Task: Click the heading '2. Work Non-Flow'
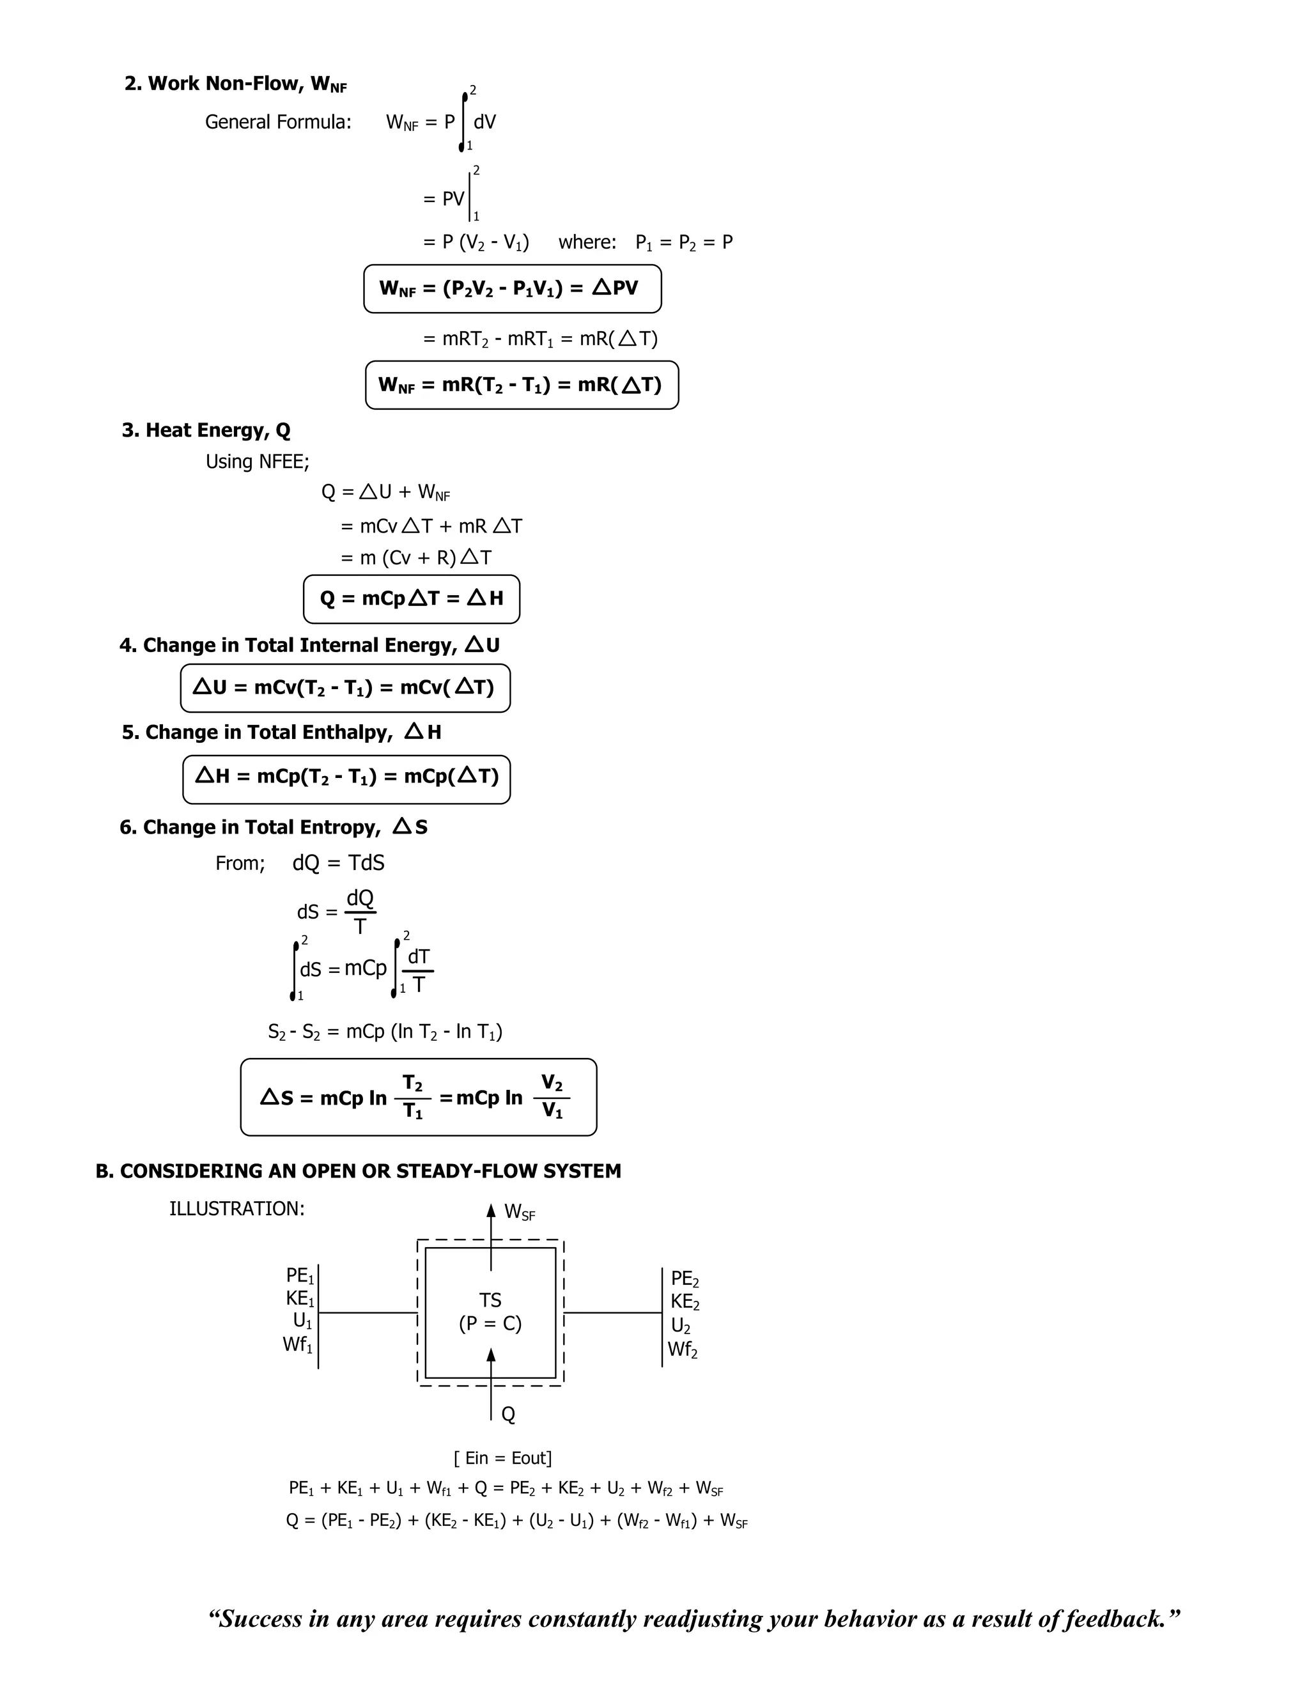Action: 235,84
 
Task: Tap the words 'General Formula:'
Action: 277,121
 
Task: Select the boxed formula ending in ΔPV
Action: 512,288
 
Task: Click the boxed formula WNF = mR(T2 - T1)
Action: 521,385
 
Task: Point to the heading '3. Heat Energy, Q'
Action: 206,430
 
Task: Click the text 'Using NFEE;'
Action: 257,462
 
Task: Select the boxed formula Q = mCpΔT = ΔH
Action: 411,598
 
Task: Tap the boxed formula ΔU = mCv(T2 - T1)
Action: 345,688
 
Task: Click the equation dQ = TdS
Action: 338,863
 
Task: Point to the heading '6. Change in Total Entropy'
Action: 273,828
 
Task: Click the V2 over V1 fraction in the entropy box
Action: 552,1097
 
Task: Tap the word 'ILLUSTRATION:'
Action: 236,1208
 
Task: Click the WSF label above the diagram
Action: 519,1211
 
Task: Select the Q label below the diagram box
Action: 508,1414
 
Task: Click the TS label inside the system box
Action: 490,1300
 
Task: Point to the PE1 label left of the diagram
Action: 299,1276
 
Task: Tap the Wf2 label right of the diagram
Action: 683,1349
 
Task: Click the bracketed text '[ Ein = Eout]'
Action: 502,1458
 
